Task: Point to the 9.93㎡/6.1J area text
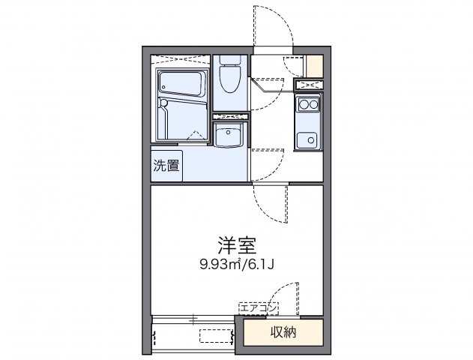pos(236,263)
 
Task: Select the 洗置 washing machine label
pos(167,165)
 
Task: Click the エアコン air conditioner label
pos(259,307)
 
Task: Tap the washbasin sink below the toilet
pos(229,136)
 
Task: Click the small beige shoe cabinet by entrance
pos(316,65)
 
